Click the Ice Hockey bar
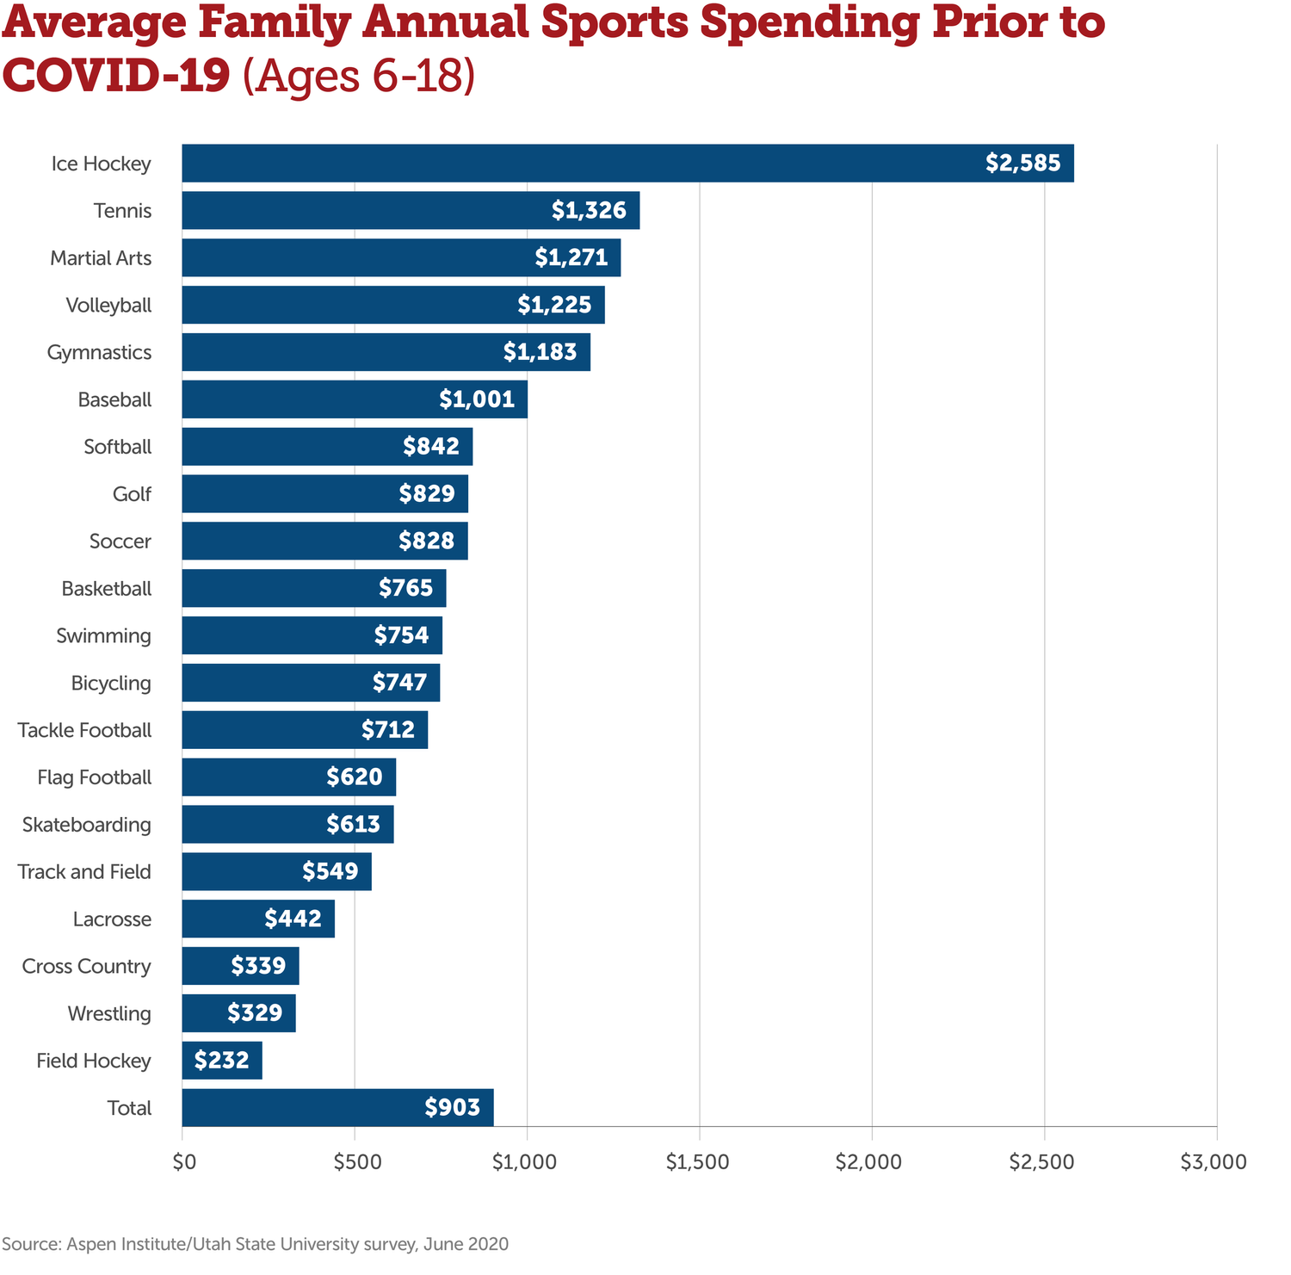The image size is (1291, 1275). point(627,164)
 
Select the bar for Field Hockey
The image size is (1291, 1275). point(222,1061)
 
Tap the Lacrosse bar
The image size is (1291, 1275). point(258,919)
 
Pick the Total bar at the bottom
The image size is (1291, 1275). point(337,1108)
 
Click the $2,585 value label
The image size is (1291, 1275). point(1023,164)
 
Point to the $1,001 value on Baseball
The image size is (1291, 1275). point(477,399)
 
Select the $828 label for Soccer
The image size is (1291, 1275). point(426,542)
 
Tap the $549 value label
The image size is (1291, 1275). point(330,872)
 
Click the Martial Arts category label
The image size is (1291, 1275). point(101,258)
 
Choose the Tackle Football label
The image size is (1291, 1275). point(84,730)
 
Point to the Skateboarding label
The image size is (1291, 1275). point(86,825)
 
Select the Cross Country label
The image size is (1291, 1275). point(86,967)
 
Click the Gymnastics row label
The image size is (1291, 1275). point(99,353)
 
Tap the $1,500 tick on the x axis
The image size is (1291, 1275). point(698,1162)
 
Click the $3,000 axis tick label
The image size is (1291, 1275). point(1214,1162)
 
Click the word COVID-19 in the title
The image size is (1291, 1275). point(116,77)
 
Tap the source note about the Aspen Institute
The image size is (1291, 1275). point(256,1244)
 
